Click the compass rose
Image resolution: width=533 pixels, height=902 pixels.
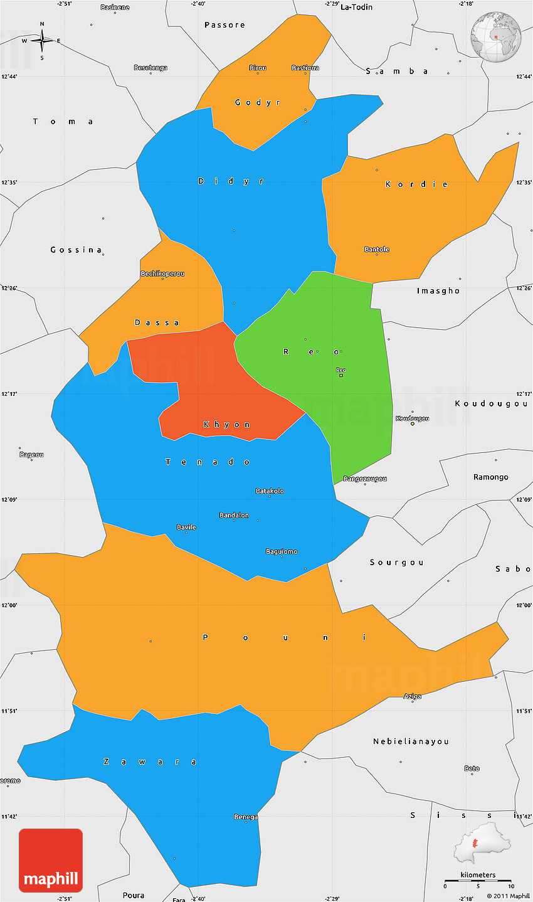[x=42, y=41]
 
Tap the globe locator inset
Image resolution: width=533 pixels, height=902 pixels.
[x=495, y=36]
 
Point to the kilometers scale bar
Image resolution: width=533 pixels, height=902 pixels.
[x=478, y=881]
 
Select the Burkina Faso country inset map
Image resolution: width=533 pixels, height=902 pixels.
[x=482, y=844]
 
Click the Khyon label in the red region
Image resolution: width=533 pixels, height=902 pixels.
[x=227, y=425]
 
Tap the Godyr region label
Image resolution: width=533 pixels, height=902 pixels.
[x=258, y=102]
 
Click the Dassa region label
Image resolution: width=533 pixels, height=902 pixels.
[x=157, y=322]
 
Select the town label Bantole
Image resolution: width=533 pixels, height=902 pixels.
[x=377, y=250]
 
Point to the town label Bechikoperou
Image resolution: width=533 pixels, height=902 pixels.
[x=162, y=274]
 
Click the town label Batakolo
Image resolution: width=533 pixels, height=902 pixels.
[x=270, y=491]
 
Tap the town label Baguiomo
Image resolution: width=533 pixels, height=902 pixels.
[x=282, y=552]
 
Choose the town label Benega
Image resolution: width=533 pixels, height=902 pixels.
[x=246, y=817]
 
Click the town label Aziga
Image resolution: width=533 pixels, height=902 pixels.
[x=412, y=696]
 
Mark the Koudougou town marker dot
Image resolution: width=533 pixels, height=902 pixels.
[x=412, y=424]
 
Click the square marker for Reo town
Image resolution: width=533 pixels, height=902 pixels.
[x=341, y=376]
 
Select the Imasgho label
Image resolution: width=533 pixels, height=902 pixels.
[x=438, y=291]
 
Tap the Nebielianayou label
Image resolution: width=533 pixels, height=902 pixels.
[x=411, y=741]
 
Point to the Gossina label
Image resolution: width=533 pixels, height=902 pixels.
[x=76, y=250]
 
